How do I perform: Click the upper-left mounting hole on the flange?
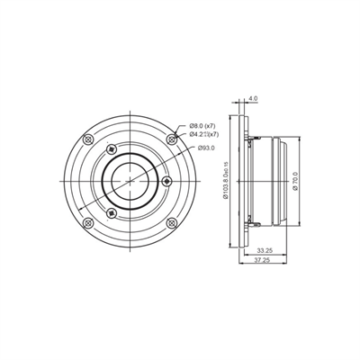86,139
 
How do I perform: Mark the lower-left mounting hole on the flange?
86,221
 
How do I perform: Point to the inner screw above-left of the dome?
110,148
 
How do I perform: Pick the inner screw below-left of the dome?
110,212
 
